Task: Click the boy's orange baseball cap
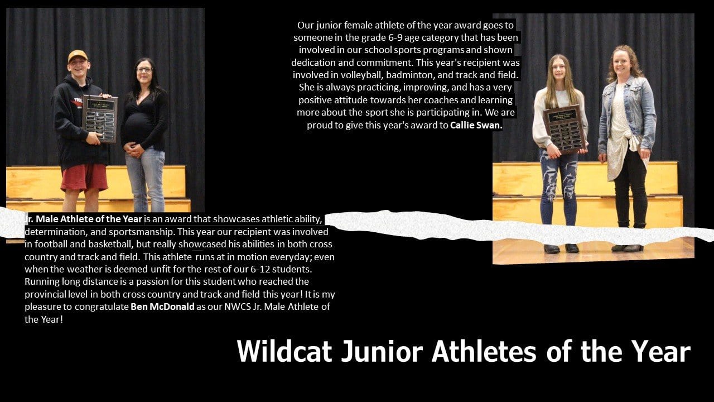(78, 56)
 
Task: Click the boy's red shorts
(84, 177)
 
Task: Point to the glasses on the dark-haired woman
(144, 70)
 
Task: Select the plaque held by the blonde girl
(565, 129)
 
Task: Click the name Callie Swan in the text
(476, 126)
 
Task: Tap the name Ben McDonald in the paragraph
(162, 307)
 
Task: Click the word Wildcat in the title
(284, 351)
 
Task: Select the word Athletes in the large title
(484, 351)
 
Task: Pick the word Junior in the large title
(382, 351)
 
